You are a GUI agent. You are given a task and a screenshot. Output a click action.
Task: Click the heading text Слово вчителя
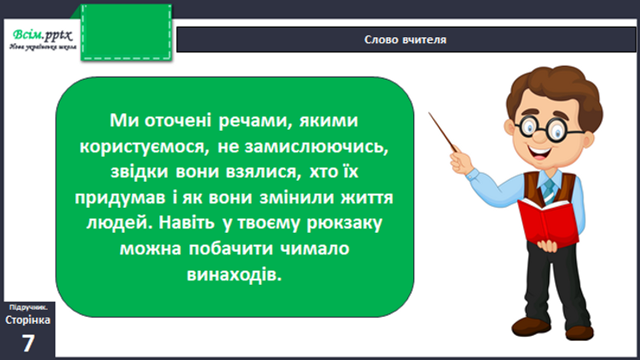click(x=405, y=40)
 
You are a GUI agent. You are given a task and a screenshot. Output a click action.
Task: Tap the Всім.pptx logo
click(x=42, y=39)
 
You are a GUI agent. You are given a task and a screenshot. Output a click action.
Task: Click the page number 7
click(x=28, y=344)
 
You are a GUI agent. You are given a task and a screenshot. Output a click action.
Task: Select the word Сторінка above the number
click(x=28, y=320)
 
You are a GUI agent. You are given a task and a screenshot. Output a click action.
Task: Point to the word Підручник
click(x=29, y=307)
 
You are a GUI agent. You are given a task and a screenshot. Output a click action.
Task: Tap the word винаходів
click(x=234, y=274)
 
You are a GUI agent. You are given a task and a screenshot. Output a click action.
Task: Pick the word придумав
click(x=120, y=198)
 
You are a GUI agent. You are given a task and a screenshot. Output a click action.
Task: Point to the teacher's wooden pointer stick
click(x=443, y=132)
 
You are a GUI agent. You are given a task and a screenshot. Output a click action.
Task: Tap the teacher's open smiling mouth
click(x=540, y=153)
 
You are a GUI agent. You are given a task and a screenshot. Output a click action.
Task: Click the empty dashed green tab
click(x=126, y=33)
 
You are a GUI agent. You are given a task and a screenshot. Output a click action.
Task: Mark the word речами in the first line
click(x=255, y=121)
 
